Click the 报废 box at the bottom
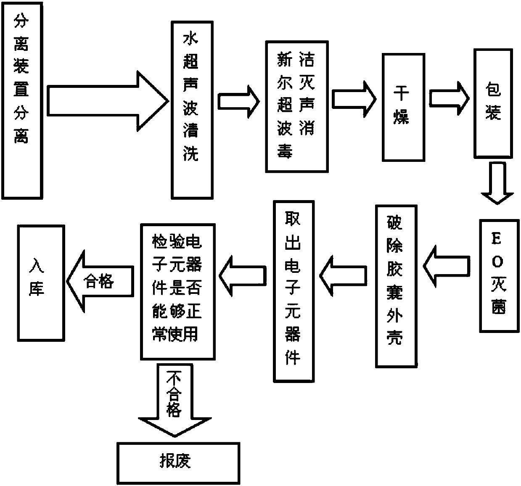[178, 463]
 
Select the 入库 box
[41, 283]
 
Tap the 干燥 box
[403, 107]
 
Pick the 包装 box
[493, 104]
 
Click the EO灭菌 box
[500, 276]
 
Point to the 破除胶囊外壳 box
[396, 286]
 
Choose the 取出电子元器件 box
[294, 291]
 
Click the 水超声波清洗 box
[192, 110]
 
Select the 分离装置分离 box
[22, 101]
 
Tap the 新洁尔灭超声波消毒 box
[297, 106]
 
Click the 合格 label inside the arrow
[99, 281]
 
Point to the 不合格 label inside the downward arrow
[174, 394]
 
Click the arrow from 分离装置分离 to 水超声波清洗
[108, 101]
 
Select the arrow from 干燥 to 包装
[449, 98]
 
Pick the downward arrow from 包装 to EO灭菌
[497, 183]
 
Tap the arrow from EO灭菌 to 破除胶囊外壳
[446, 267]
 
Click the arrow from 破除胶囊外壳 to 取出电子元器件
[343, 276]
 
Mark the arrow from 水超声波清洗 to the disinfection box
[239, 102]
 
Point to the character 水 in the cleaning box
[190, 39]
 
